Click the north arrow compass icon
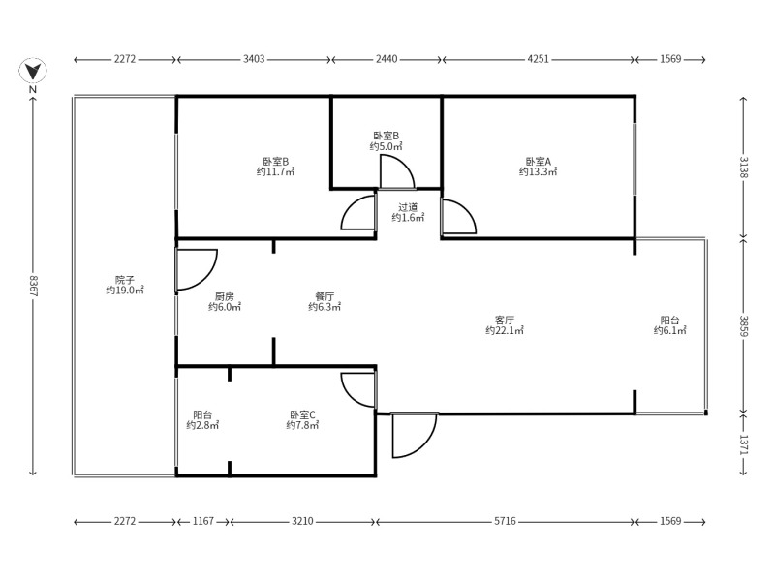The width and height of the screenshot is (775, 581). click(x=33, y=71)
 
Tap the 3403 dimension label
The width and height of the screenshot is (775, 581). click(x=254, y=59)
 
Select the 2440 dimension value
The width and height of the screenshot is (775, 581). click(x=386, y=59)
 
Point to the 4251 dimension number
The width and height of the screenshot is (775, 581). click(x=538, y=59)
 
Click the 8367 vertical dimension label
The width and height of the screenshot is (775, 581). click(x=34, y=285)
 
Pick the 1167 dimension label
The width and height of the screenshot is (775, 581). click(x=203, y=521)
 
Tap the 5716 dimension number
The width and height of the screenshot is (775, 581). click(x=505, y=521)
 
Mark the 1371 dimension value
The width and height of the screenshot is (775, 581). click(x=744, y=444)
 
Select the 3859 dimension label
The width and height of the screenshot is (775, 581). click(x=744, y=326)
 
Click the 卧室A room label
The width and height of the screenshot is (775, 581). click(x=538, y=162)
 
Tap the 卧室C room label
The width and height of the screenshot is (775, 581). click(x=302, y=415)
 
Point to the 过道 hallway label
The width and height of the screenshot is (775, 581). click(x=408, y=207)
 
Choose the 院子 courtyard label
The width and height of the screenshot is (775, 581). click(x=125, y=280)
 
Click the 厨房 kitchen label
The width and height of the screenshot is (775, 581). click(x=225, y=297)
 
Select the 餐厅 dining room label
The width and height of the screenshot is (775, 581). click(x=325, y=297)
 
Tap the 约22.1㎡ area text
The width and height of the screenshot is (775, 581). click(x=504, y=330)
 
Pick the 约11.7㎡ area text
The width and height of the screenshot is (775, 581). click(x=275, y=172)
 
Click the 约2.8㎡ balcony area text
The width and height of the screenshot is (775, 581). click(x=202, y=425)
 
